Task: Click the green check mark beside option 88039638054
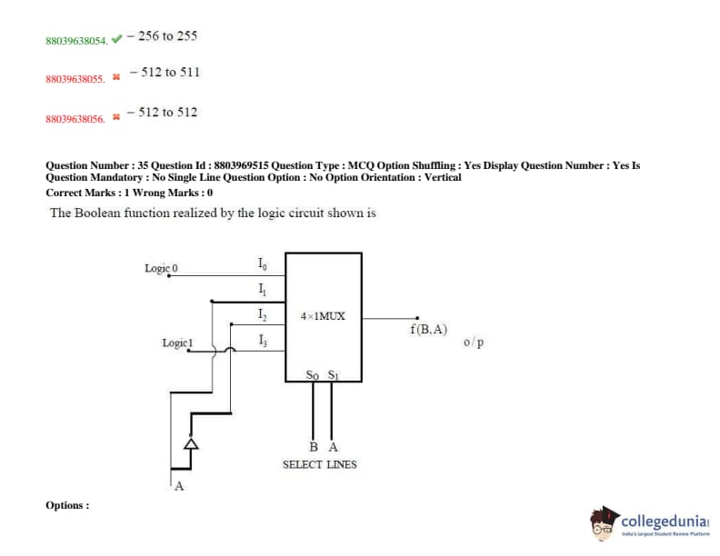pyautogui.click(x=116, y=39)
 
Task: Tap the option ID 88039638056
pyautogui.click(x=75, y=119)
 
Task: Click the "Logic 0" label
pyautogui.click(x=162, y=268)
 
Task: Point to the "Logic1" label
pyautogui.click(x=177, y=343)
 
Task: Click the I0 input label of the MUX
pyautogui.click(x=262, y=264)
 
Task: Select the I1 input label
pyautogui.click(x=262, y=290)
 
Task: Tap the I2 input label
pyautogui.click(x=262, y=314)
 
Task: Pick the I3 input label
pyautogui.click(x=262, y=341)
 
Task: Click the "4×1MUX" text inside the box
pyautogui.click(x=323, y=316)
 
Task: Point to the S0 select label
pyautogui.click(x=313, y=374)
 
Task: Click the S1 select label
pyautogui.click(x=333, y=374)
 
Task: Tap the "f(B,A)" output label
pyautogui.click(x=428, y=329)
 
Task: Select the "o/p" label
pyautogui.click(x=474, y=343)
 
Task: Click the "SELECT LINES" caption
pyautogui.click(x=319, y=464)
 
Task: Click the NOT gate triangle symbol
pyautogui.click(x=191, y=444)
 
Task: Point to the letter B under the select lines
pyautogui.click(x=313, y=447)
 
